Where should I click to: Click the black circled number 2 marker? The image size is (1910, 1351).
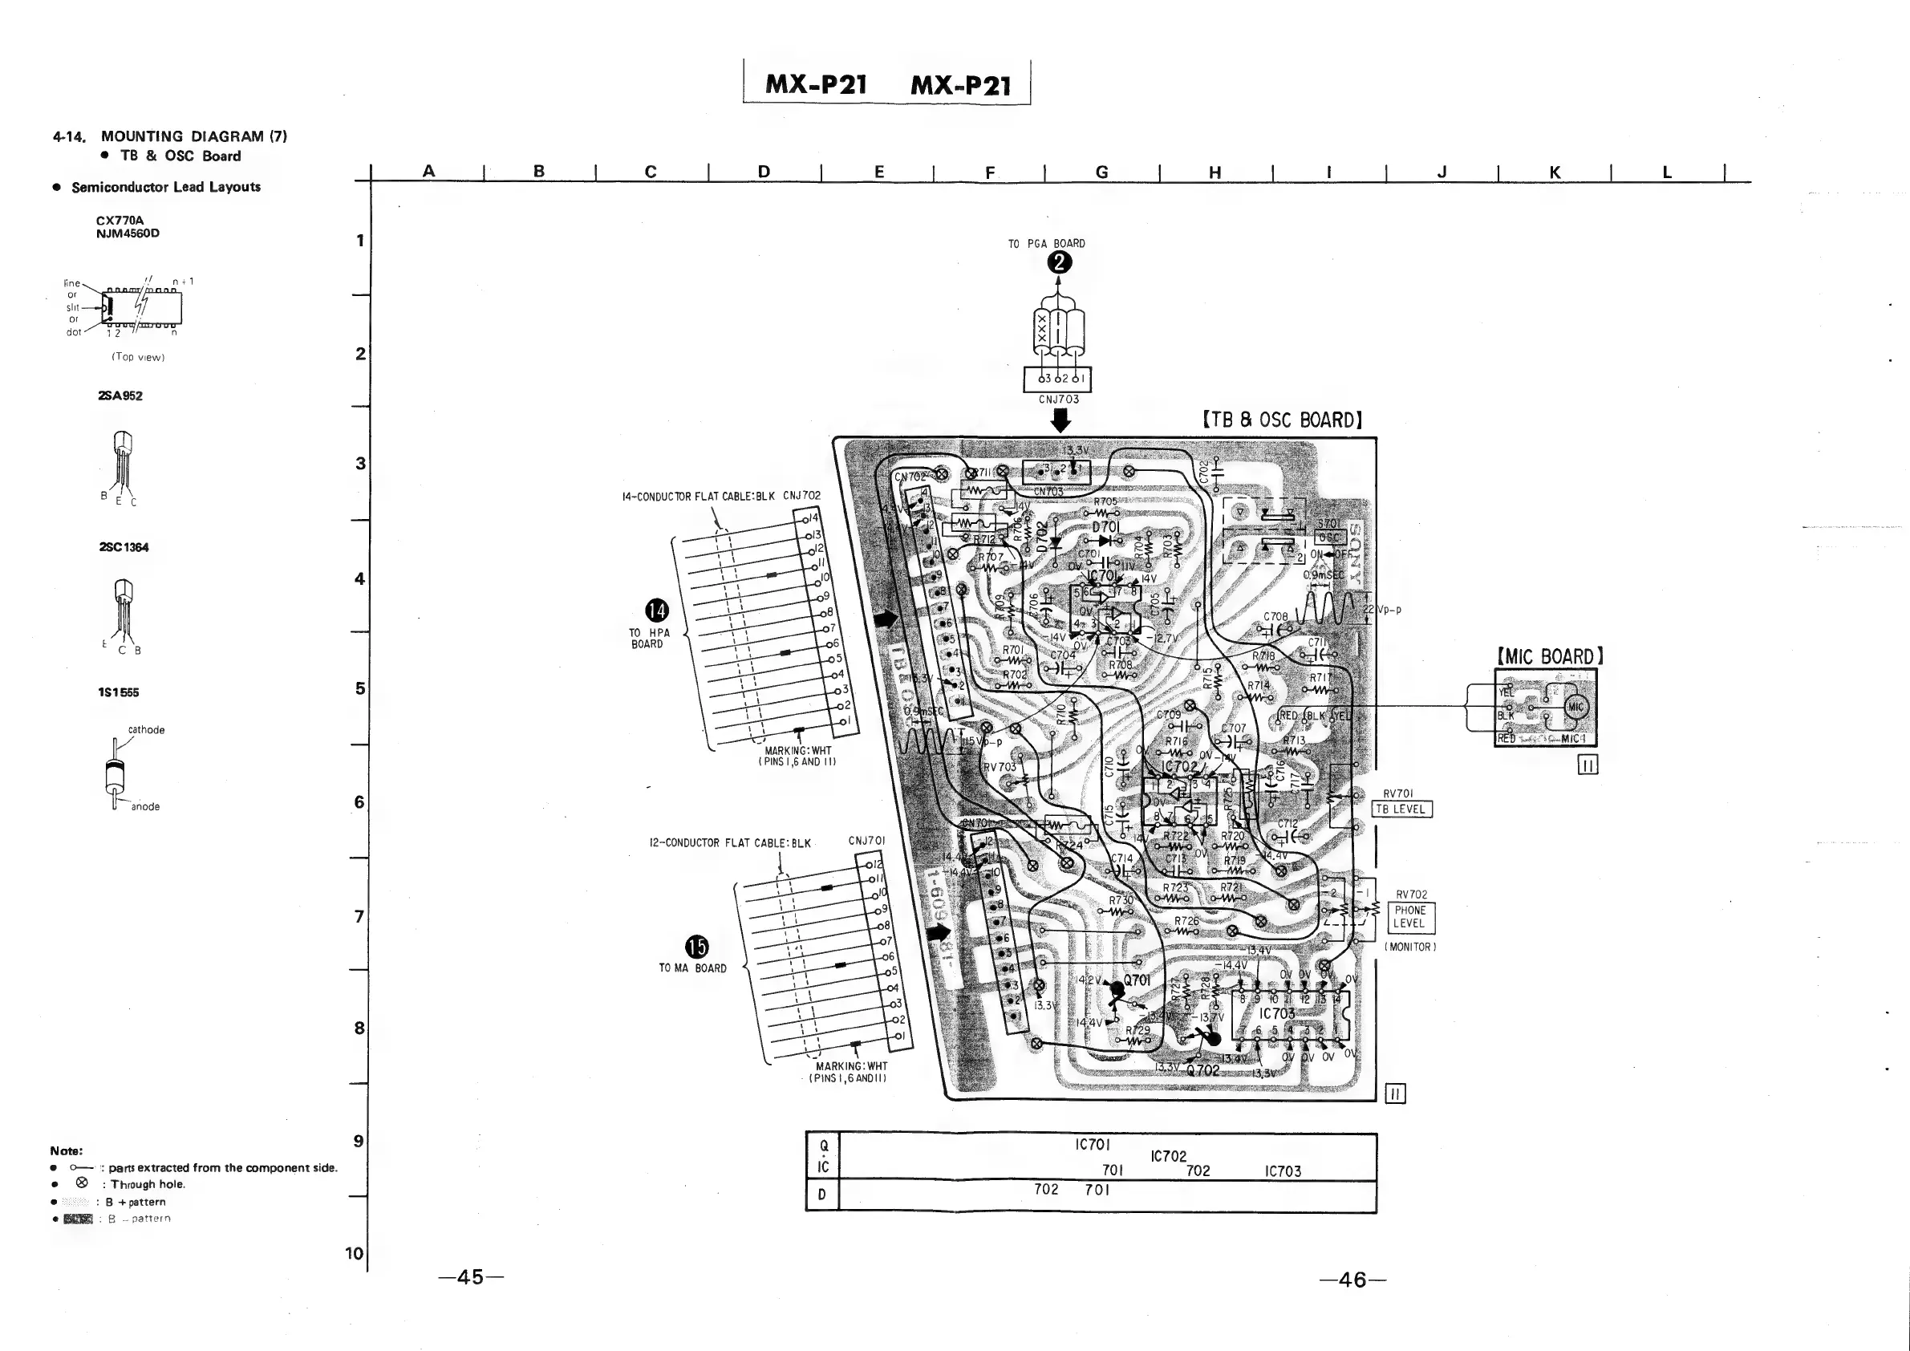(1059, 263)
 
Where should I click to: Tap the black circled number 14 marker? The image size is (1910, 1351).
(657, 611)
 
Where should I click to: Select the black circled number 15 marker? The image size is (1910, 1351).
(696, 947)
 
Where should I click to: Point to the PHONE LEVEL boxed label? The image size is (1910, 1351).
(1410, 917)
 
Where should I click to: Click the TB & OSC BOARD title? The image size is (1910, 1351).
(1282, 420)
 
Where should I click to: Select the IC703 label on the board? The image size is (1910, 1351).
(1276, 1014)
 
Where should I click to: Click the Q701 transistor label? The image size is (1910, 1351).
(1137, 981)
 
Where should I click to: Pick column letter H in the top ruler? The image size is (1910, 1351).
(1215, 172)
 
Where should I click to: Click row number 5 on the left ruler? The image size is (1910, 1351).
(360, 689)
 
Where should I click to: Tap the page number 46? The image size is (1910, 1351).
(1352, 1280)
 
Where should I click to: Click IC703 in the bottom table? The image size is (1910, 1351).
(1283, 1171)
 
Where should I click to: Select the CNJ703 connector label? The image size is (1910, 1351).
(1058, 400)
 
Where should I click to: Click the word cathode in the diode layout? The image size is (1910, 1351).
(147, 729)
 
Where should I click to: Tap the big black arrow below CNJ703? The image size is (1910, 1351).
(1060, 422)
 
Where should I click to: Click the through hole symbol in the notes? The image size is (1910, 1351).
(82, 1183)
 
